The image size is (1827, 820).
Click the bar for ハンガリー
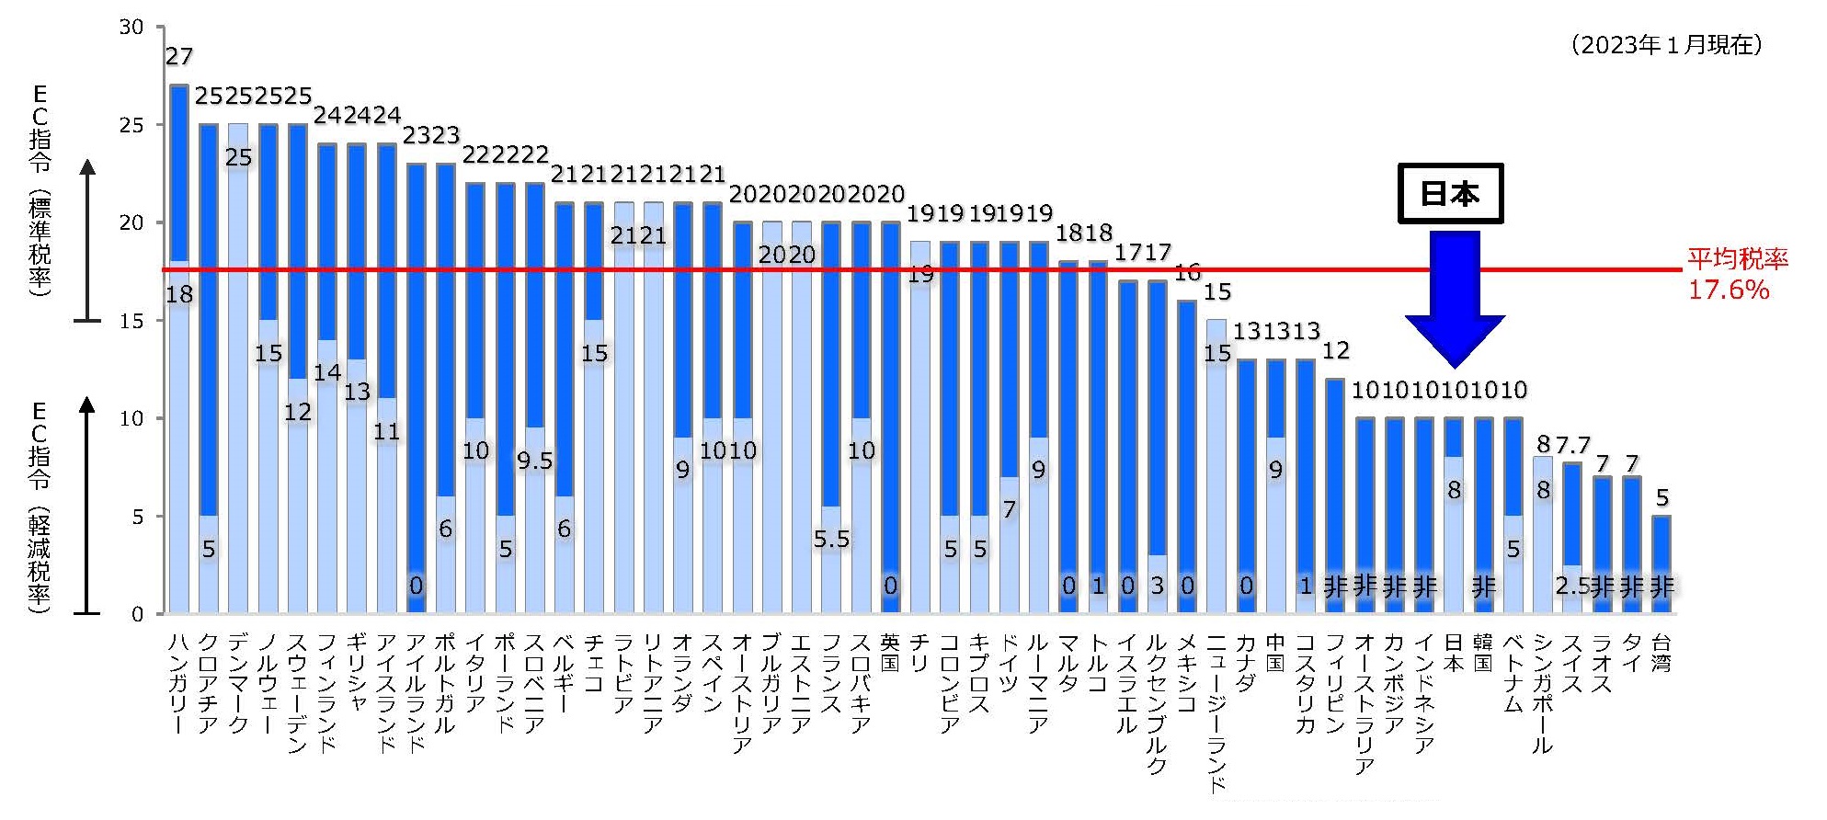179,349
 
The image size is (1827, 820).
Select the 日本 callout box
1450,194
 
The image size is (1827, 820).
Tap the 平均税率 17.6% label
1736,274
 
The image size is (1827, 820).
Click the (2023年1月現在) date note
1666,45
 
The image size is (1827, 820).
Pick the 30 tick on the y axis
131,28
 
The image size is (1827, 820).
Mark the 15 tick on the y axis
131,321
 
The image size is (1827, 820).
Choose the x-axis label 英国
890,652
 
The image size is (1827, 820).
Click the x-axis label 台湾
1661,652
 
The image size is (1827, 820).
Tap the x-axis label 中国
1275,652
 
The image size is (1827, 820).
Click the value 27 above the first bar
179,57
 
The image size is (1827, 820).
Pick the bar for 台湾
1661,564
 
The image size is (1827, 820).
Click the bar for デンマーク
238,368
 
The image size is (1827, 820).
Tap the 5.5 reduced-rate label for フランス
831,540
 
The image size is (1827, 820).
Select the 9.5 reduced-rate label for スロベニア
534,461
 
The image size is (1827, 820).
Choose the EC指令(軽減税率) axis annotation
40,506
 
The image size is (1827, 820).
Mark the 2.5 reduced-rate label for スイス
1572,586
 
